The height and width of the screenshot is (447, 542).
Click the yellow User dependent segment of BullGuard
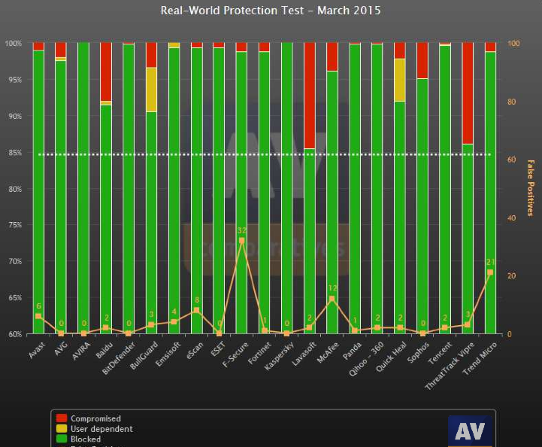tap(151, 90)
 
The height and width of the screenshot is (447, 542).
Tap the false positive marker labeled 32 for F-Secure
tap(241, 240)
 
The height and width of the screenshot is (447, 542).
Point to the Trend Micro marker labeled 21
tap(490, 272)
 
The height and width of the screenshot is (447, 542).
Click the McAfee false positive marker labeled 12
tap(332, 299)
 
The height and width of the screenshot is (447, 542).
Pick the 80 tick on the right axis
tap(514, 102)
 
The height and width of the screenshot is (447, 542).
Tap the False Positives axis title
tap(530, 188)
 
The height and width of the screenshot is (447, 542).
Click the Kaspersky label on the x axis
tap(278, 352)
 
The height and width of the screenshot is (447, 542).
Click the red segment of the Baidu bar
tap(106, 71)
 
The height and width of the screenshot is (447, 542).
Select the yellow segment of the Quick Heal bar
tap(399, 80)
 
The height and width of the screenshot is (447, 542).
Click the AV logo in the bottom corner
tap(470, 431)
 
